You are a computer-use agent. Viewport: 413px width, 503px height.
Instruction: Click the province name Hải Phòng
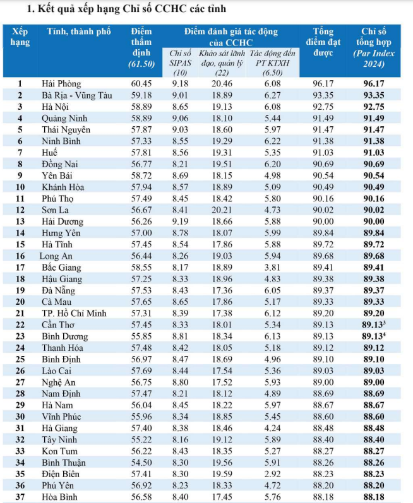pyautogui.click(x=61, y=84)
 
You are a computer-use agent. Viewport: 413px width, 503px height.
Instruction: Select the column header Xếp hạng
pyautogui.click(x=20, y=37)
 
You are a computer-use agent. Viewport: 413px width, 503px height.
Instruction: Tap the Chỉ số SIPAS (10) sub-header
pyautogui.click(x=180, y=63)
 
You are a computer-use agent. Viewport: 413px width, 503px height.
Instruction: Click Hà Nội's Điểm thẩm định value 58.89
pyautogui.click(x=141, y=107)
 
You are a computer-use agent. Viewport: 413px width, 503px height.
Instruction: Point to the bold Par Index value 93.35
pyautogui.click(x=373, y=95)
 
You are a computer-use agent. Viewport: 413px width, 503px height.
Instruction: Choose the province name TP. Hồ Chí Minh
pyautogui.click(x=74, y=314)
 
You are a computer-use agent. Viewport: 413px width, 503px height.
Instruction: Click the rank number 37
pyautogui.click(x=20, y=497)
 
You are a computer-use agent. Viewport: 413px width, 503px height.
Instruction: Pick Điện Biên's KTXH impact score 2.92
pyautogui.click(x=272, y=474)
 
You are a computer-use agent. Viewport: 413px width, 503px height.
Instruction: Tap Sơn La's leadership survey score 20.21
pyautogui.click(x=222, y=210)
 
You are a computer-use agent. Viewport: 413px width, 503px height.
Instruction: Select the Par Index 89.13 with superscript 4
pyautogui.click(x=373, y=336)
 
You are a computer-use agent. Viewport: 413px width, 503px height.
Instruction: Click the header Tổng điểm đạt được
pyautogui.click(x=323, y=42)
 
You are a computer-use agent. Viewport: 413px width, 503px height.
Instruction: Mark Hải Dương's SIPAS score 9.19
pyautogui.click(x=180, y=222)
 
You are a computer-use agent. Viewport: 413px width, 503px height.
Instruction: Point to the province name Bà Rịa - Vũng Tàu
pyautogui.click(x=77, y=95)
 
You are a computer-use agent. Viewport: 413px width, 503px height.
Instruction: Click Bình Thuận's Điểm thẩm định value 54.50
pyautogui.click(x=141, y=463)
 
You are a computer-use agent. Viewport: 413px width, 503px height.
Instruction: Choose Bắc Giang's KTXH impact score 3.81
pyautogui.click(x=272, y=268)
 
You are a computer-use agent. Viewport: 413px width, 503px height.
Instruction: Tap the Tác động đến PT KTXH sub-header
pyautogui.click(x=272, y=63)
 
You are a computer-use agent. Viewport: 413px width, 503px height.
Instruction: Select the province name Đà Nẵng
pyautogui.click(x=58, y=291)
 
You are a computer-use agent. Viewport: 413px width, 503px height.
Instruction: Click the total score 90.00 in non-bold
pyautogui.click(x=323, y=222)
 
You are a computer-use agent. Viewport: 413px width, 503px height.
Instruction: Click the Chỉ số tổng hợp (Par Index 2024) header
pyautogui.click(x=373, y=47)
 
